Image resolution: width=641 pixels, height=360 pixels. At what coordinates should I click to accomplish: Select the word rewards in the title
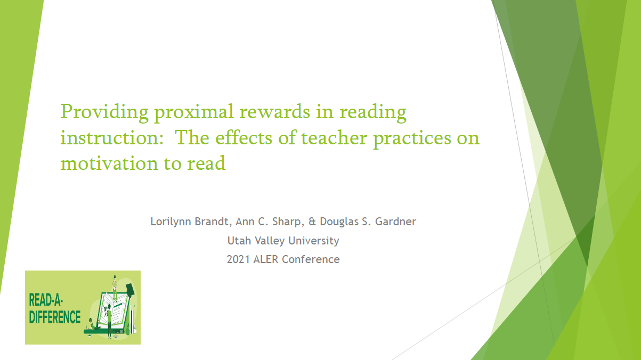click(275, 111)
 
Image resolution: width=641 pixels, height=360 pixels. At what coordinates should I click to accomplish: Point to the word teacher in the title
click(334, 137)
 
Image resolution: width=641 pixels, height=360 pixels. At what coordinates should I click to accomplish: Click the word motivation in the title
click(109, 163)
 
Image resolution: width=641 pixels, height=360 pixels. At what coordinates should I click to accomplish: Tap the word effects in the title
click(244, 137)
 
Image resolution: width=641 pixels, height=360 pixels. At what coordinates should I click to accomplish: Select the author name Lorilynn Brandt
click(191, 222)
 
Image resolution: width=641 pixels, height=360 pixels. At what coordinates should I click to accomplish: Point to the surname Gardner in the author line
click(395, 222)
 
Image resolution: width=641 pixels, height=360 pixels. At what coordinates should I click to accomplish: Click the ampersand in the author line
click(312, 222)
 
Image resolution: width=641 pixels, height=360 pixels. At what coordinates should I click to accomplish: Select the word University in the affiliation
click(314, 241)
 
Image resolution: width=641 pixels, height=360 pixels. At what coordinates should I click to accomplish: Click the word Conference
click(311, 260)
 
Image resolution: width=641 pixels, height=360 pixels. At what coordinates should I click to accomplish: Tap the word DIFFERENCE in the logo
click(55, 317)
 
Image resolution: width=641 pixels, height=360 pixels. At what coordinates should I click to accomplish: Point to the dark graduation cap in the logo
click(130, 290)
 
